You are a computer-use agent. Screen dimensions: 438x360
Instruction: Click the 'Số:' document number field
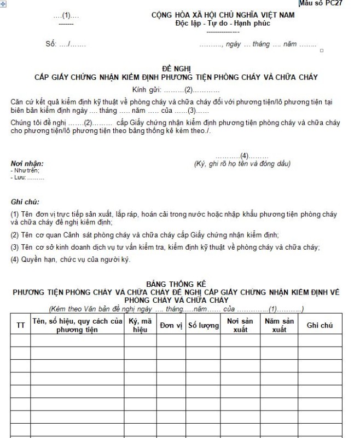coord(65,44)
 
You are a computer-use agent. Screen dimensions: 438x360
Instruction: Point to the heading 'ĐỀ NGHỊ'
coord(176,69)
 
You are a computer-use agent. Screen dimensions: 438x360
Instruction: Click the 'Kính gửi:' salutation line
coord(176,89)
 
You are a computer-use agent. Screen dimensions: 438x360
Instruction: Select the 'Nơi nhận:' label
coord(27,163)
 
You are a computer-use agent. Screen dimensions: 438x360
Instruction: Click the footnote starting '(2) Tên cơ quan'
coord(145,235)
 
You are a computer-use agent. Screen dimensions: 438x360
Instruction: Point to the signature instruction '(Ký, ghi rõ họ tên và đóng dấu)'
coord(242,164)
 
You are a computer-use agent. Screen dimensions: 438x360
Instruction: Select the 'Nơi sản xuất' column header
coord(240,325)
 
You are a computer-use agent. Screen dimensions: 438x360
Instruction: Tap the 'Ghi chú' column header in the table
coord(320,325)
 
